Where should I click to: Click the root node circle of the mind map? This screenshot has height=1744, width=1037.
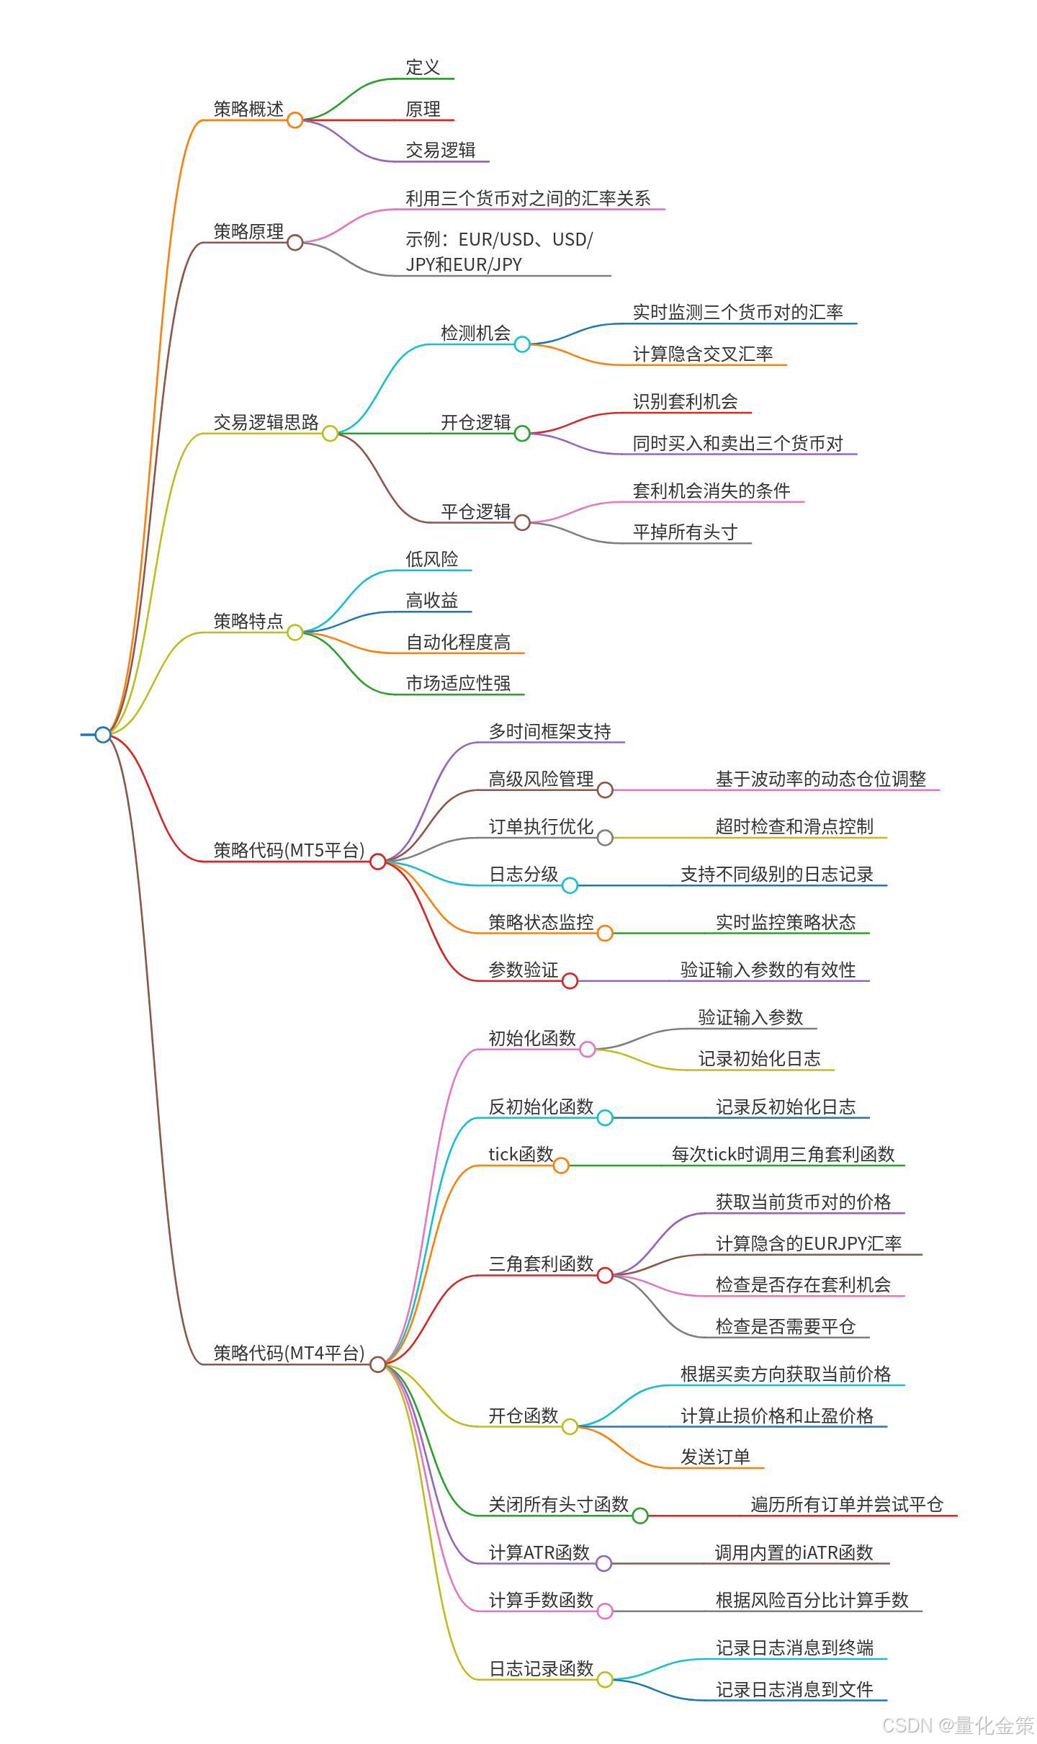(x=103, y=734)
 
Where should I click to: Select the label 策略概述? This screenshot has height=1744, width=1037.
(x=248, y=109)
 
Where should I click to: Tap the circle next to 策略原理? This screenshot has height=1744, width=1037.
(x=295, y=242)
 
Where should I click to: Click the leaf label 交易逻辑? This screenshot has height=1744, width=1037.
(x=440, y=150)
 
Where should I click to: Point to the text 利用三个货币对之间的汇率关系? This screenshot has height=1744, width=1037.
(x=528, y=198)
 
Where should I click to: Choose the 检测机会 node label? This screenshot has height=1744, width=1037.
(x=475, y=333)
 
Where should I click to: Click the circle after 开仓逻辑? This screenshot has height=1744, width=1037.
(x=522, y=433)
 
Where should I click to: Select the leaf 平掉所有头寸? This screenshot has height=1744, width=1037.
(x=685, y=532)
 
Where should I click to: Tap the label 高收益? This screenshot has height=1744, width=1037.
(x=431, y=600)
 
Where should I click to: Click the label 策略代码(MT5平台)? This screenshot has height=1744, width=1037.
(x=289, y=850)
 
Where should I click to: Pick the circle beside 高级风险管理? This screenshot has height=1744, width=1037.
(x=605, y=790)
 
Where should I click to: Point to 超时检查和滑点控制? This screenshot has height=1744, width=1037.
(x=794, y=826)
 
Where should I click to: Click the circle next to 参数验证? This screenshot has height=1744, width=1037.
(x=570, y=980)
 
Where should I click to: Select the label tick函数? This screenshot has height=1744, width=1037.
(x=521, y=1154)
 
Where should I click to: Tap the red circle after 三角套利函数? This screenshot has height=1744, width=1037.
(x=605, y=1275)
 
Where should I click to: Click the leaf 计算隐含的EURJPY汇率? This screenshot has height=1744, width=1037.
(x=808, y=1243)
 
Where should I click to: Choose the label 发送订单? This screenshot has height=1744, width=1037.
(x=715, y=1457)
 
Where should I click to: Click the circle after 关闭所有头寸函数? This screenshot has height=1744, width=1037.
(x=640, y=1516)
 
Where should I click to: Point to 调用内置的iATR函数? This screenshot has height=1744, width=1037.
(x=794, y=1552)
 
